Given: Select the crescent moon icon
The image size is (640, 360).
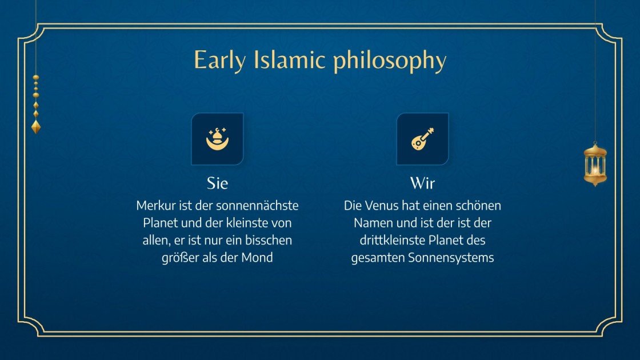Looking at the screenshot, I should (217, 139).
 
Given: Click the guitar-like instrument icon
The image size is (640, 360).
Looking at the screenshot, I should (422, 139).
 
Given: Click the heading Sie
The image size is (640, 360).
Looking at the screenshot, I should (217, 183).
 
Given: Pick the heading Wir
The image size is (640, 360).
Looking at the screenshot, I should (422, 183).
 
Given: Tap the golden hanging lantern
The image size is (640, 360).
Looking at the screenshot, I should (595, 164).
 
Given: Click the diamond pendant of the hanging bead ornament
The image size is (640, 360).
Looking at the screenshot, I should (36, 126).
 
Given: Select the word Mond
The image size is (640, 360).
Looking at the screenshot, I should (257, 258).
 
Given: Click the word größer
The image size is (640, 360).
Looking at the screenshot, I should (180, 258).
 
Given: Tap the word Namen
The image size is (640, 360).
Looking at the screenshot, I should (374, 222).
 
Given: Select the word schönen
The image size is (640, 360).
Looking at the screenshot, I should (479, 205).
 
